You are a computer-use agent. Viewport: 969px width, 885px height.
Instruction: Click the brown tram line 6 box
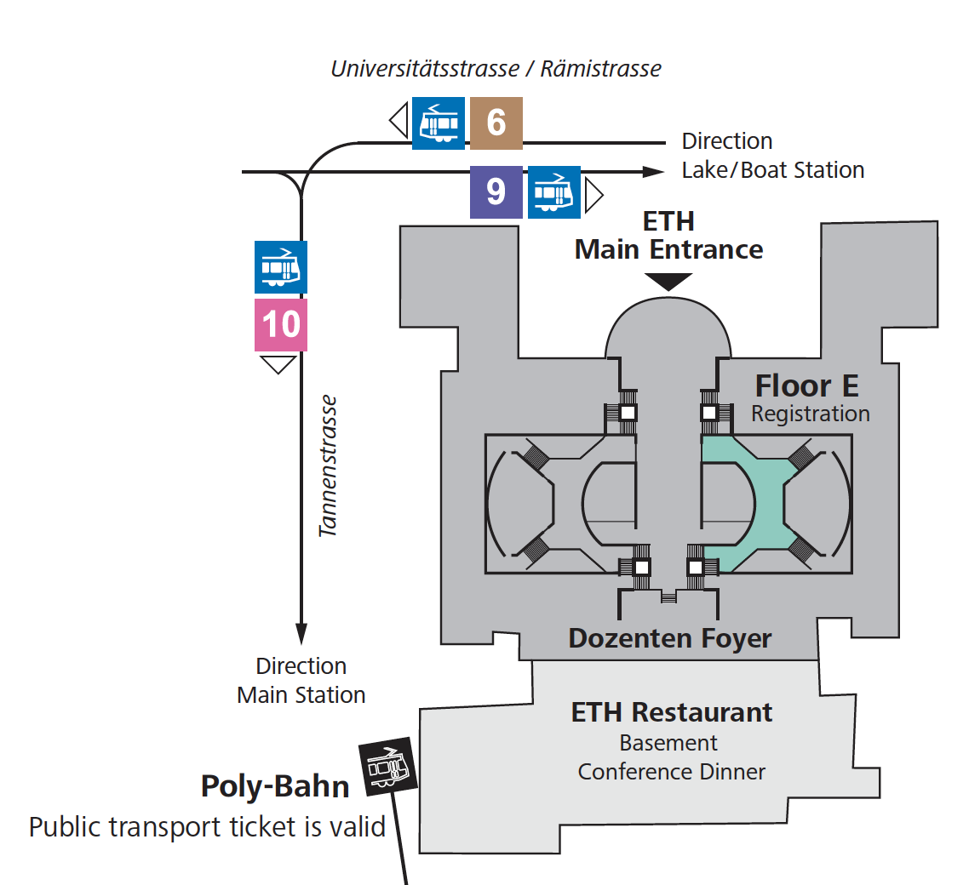point(496,123)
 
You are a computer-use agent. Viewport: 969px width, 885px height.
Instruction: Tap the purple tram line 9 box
point(496,192)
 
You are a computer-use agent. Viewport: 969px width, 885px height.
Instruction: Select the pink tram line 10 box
point(281,325)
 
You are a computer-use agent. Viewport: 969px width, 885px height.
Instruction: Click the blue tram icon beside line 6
point(439,123)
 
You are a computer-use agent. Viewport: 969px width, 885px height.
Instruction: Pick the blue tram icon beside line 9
point(554,192)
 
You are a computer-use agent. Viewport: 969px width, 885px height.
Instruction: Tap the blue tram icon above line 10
point(281,267)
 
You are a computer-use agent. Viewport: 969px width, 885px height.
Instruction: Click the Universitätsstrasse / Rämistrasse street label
point(496,69)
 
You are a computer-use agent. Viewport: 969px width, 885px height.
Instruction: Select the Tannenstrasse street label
point(329,465)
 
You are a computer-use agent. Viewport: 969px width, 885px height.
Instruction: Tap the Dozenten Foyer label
point(670,638)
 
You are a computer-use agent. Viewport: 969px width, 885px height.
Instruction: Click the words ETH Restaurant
point(671,712)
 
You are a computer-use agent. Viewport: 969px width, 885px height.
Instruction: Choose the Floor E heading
point(806,386)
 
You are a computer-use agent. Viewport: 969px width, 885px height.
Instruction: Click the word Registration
point(810,414)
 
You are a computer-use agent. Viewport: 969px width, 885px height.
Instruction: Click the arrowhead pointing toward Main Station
point(301,634)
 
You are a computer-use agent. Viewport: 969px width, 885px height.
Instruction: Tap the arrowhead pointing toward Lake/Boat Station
point(652,172)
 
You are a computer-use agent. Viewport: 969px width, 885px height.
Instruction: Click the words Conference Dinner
point(671,772)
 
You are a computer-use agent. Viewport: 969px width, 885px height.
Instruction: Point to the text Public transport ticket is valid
point(207,826)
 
